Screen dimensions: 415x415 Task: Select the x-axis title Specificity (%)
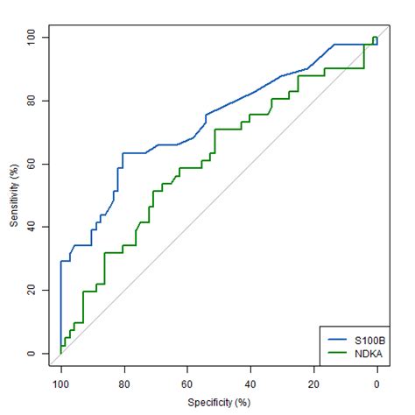tap(219, 403)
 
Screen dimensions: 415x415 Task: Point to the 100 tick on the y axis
tap(32, 38)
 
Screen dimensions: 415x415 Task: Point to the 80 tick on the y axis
tap(32, 101)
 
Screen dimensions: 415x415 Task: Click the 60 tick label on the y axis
tap(32, 164)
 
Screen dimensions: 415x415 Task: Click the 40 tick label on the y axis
tap(32, 227)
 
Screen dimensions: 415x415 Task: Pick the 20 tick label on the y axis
tap(32, 290)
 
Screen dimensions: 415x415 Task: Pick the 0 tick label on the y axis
tap(32, 353)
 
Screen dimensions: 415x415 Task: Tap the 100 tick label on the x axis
tap(60, 383)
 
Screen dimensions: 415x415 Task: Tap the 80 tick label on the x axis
tap(123, 383)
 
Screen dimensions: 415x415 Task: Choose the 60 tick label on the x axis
tap(186, 383)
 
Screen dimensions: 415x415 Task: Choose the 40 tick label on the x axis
tap(250, 383)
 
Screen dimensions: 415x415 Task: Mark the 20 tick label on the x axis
tap(313, 383)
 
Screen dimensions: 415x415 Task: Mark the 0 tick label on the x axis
tap(376, 383)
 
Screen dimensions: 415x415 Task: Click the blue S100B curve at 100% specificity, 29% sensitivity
tap(61, 261)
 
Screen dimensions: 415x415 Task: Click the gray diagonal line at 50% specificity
tap(219, 195)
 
